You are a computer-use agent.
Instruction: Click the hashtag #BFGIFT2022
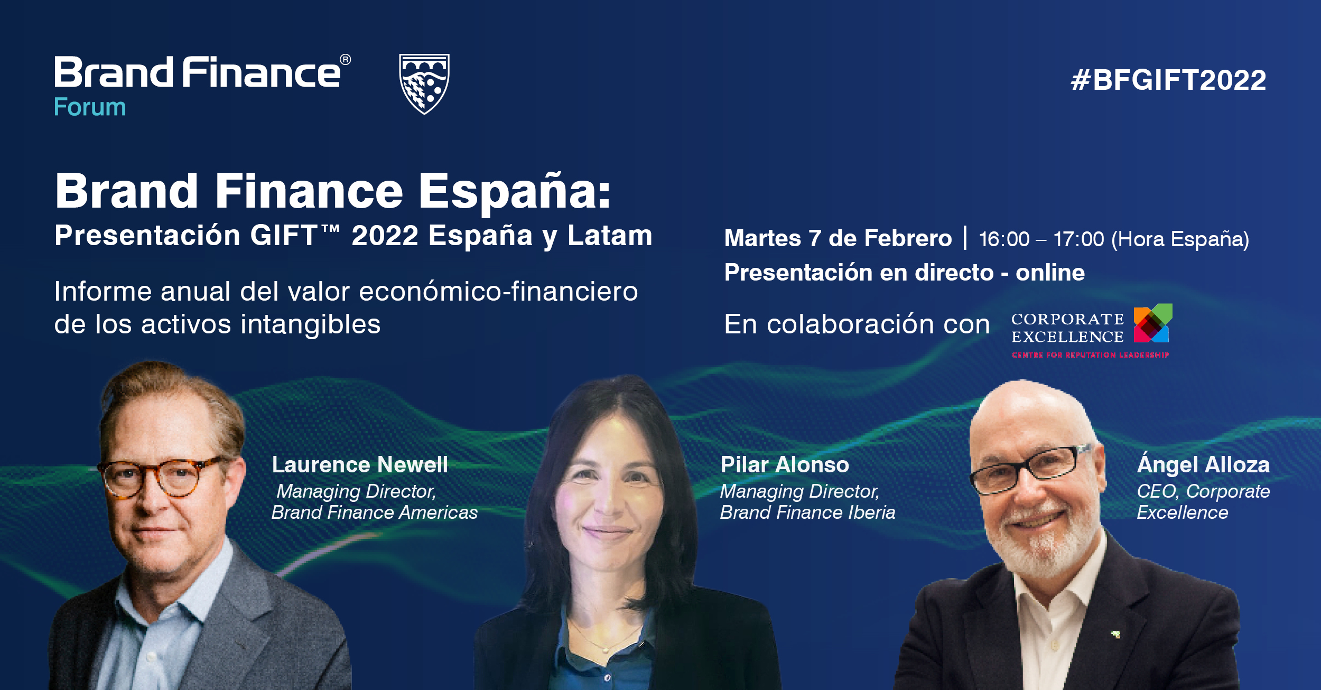pos(1168,80)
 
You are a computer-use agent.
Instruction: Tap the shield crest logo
pos(424,83)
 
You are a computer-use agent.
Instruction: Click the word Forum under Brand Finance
pos(90,107)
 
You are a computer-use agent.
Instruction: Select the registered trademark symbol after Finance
pos(345,60)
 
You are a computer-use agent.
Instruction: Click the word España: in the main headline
pos(515,191)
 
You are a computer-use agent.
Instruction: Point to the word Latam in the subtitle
pos(610,236)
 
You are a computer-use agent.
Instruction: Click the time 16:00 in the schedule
pos(1004,239)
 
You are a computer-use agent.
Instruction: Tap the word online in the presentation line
pos(1050,273)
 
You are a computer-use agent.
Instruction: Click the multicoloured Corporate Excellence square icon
pos(1153,323)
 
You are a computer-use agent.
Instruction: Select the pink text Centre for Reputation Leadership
pos(1090,355)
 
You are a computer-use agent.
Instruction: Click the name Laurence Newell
pos(360,465)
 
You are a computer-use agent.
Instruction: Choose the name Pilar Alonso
pos(785,465)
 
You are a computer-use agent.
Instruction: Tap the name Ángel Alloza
pos(1203,464)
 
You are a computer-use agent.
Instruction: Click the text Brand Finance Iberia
pos(807,512)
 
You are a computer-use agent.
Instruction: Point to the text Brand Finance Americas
pos(375,512)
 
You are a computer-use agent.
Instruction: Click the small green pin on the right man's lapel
pos(1116,634)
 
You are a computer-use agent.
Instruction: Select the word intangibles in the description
pos(311,324)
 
